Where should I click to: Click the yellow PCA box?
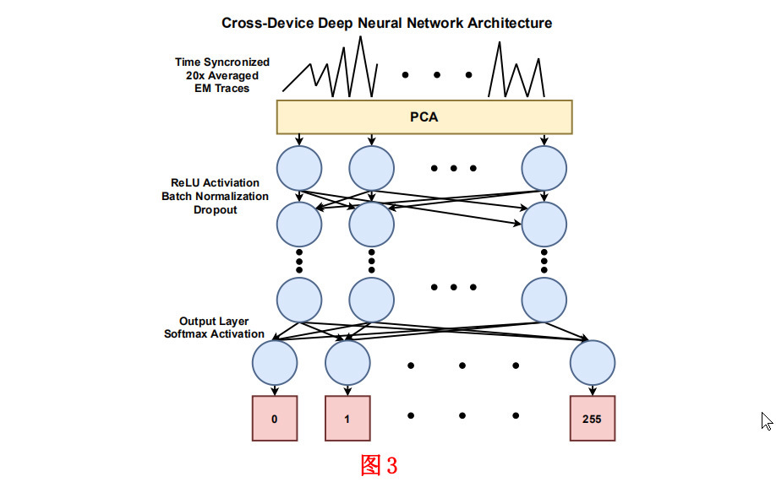pos(424,117)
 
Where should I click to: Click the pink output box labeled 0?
pos(275,418)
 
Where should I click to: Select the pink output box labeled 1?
pos(348,418)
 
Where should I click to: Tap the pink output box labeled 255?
pos(592,418)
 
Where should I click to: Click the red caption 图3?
pos(378,465)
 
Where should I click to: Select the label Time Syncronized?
pos(222,62)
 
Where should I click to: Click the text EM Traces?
pos(222,88)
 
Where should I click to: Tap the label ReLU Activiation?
pos(216,183)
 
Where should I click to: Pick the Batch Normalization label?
pos(216,196)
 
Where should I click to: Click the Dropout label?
pos(216,209)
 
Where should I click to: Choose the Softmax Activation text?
pos(214,334)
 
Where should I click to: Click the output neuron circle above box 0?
pos(275,363)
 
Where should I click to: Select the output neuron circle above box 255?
pos(592,363)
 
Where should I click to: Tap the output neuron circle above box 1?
pos(348,363)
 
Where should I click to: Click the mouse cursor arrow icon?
pos(767,421)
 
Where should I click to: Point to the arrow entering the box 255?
pos(592,390)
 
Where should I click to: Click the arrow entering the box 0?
pos(275,390)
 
